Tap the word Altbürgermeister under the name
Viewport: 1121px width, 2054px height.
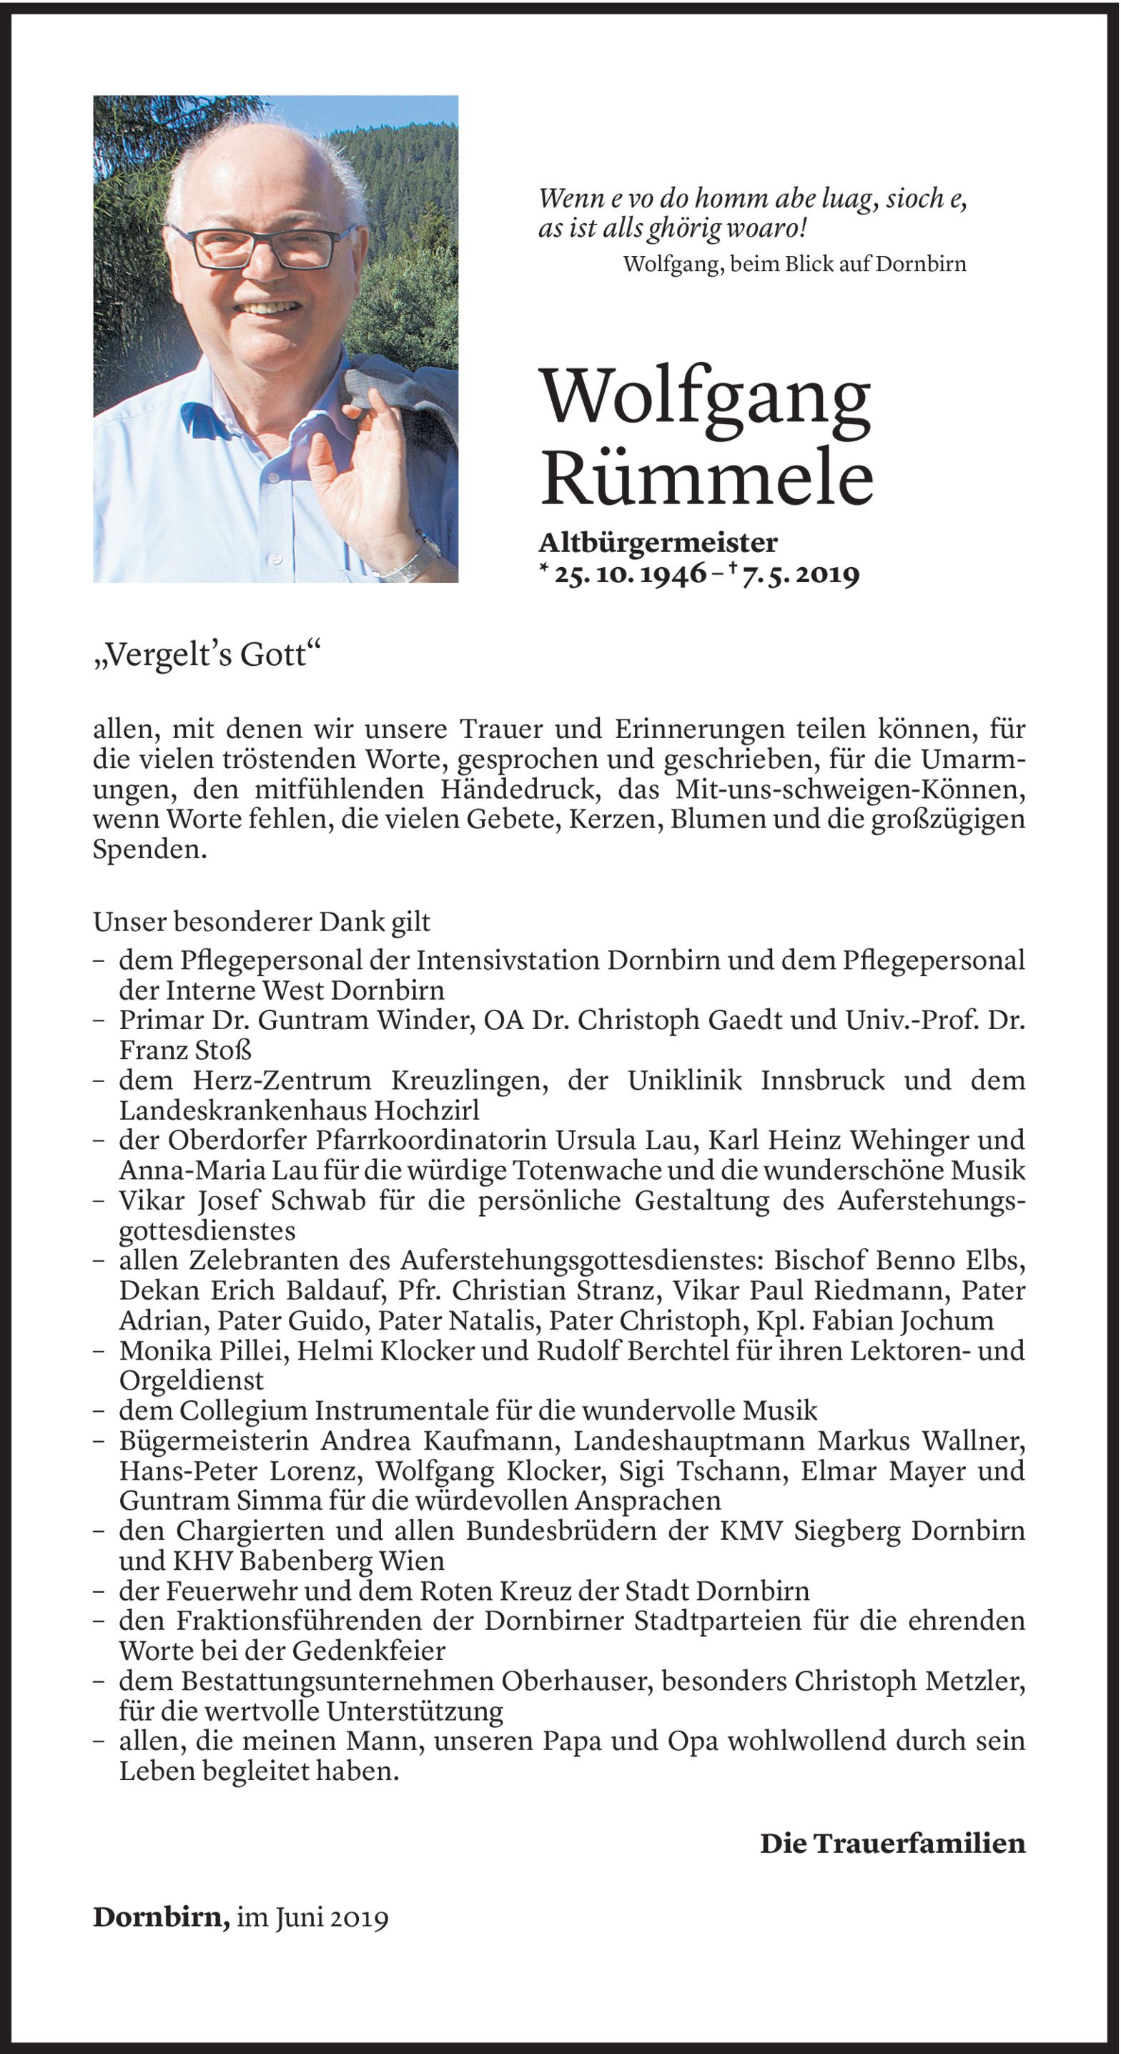pos(658,543)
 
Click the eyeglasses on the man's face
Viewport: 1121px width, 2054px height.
pos(263,247)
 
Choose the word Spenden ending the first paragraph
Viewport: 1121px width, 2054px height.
pos(149,850)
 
